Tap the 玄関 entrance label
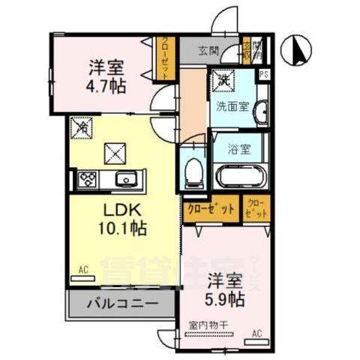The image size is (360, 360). point(208,51)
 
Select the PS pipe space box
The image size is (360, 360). point(263,73)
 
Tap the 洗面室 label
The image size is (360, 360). point(232,106)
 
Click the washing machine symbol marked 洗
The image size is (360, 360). point(223,79)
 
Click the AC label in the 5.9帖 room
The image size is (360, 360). point(256,333)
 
